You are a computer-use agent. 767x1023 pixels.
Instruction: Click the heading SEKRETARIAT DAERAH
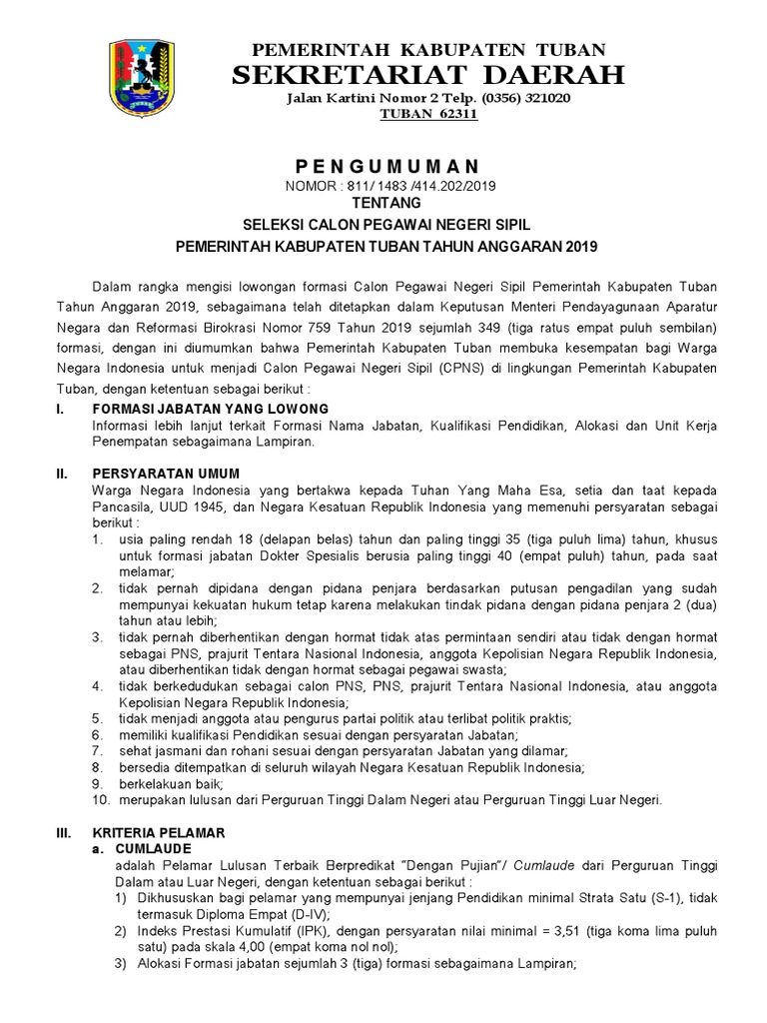point(428,75)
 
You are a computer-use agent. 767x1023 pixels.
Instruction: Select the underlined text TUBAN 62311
point(429,115)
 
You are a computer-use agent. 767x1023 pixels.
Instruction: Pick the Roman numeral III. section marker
point(62,832)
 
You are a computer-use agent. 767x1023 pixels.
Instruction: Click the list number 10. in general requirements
point(100,800)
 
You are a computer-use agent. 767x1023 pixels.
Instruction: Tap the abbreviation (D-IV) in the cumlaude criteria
point(301,913)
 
